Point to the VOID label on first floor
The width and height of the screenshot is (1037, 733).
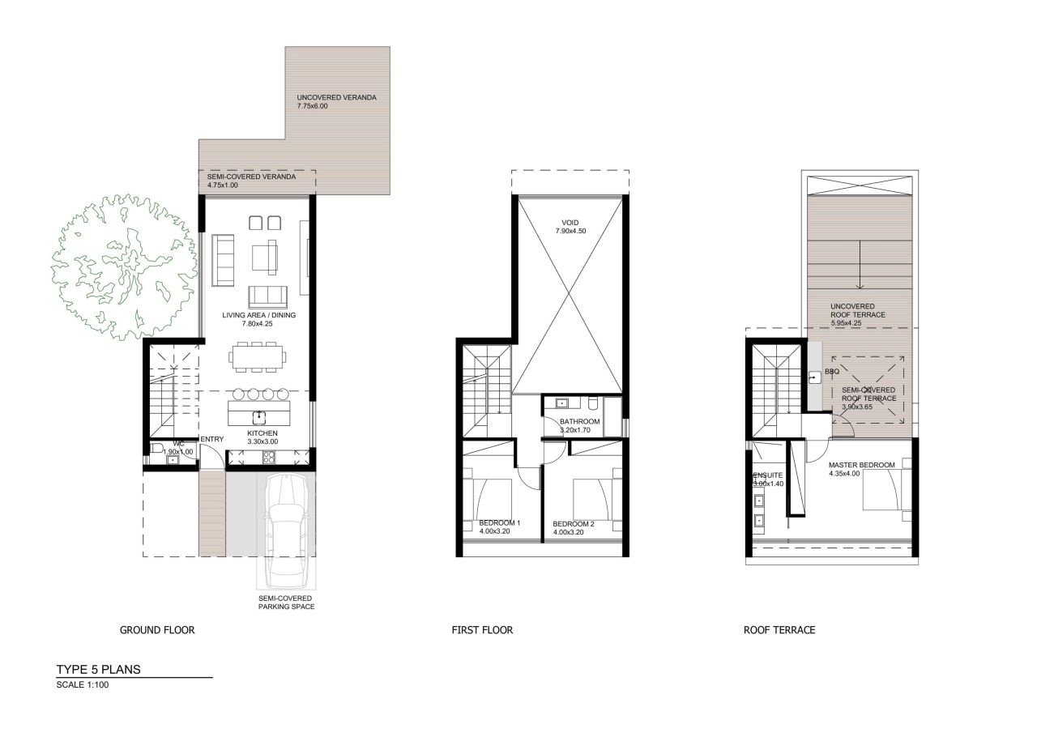tap(570, 223)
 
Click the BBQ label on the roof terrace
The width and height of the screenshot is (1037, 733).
tap(832, 372)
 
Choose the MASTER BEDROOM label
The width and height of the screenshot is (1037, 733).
tap(861, 465)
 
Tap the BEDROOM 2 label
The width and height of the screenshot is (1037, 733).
tap(574, 524)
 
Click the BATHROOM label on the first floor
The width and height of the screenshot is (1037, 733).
tap(580, 422)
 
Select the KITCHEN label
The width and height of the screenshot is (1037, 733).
tap(262, 433)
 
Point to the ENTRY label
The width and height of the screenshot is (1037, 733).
tap(211, 439)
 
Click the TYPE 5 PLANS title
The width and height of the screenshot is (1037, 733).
tap(98, 669)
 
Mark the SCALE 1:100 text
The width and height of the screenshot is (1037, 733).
tap(82, 684)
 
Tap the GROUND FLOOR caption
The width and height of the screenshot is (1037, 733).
tap(157, 629)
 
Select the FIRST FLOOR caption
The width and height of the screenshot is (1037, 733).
tap(482, 629)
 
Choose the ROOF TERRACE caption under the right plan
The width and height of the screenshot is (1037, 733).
tap(779, 629)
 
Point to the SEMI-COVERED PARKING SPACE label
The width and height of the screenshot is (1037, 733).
tap(286, 602)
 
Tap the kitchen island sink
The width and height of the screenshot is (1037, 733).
tap(258, 416)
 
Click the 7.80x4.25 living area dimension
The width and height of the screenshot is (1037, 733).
tap(258, 323)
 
